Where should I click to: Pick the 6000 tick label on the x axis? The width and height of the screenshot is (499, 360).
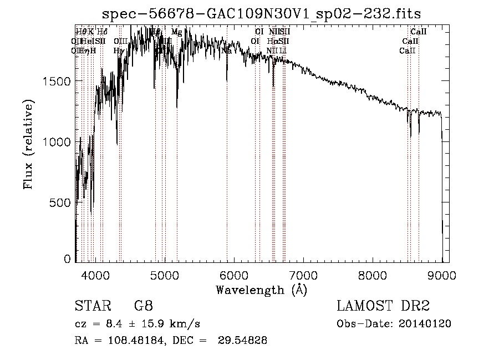tap(234, 275)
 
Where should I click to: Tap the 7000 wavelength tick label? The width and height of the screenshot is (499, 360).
tap(303, 275)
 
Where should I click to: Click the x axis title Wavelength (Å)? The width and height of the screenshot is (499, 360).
tap(262, 290)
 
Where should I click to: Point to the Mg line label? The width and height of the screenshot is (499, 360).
tap(176, 32)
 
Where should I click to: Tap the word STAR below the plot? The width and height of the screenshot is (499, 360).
tap(91, 306)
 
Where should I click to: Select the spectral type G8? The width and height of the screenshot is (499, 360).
tap(144, 306)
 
